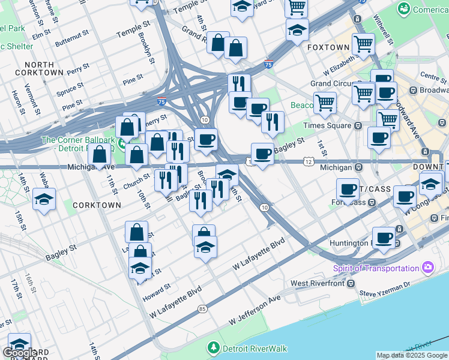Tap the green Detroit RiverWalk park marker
pyautogui.click(x=212, y=347)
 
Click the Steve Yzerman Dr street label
pyautogui.click(x=384, y=293)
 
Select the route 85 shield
pyautogui.click(x=202, y=309)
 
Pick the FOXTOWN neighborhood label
pyautogui.click(x=328, y=47)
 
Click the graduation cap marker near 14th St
pyautogui.click(x=44, y=200)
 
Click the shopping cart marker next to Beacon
pyautogui.click(x=325, y=102)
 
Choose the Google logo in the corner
pyautogui.click(x=20, y=353)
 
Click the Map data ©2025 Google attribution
pyautogui.click(x=411, y=355)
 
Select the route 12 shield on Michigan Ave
pyautogui.click(x=309, y=161)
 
